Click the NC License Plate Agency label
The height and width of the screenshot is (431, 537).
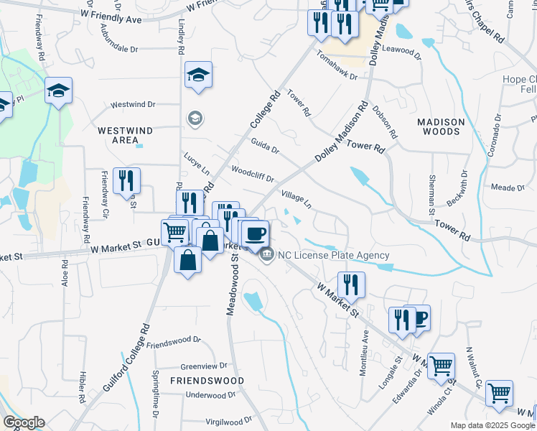tap(334, 255)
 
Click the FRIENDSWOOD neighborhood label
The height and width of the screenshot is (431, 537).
tap(207, 380)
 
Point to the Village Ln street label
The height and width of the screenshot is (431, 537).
tap(296, 199)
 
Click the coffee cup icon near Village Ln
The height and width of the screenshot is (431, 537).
tap(254, 233)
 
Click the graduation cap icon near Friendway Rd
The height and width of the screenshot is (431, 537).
tap(58, 90)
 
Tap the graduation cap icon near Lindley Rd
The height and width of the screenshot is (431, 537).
tap(197, 75)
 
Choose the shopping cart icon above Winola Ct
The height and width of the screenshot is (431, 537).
tap(441, 365)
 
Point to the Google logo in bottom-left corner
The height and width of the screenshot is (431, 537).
tap(23, 422)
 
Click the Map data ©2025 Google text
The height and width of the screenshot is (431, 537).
tap(492, 425)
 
